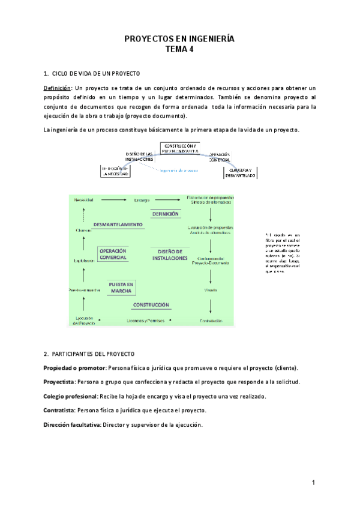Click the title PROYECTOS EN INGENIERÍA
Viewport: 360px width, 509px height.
click(x=179, y=39)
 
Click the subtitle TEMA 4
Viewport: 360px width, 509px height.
click(x=179, y=50)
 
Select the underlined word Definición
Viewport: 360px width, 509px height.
click(x=57, y=88)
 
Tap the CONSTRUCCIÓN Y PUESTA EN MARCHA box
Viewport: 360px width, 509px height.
click(x=180, y=148)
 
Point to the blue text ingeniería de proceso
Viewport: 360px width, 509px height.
click(x=179, y=169)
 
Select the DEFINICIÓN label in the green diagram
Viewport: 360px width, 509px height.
click(x=165, y=214)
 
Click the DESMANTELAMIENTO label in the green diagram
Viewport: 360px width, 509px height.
click(x=118, y=224)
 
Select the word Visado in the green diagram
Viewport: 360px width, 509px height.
click(x=209, y=289)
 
